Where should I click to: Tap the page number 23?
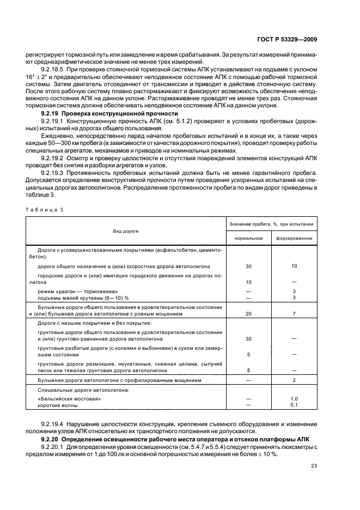coord(314,465)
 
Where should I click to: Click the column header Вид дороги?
coord(125,231)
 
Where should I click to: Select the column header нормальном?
coord(248,238)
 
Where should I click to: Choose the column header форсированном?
coord(294,238)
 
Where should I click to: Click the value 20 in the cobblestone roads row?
coord(248,314)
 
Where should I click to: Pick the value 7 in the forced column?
coord(294,314)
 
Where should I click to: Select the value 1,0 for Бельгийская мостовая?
coord(294,399)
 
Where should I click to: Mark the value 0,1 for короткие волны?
coord(294,405)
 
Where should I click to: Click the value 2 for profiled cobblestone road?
coord(294,380)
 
